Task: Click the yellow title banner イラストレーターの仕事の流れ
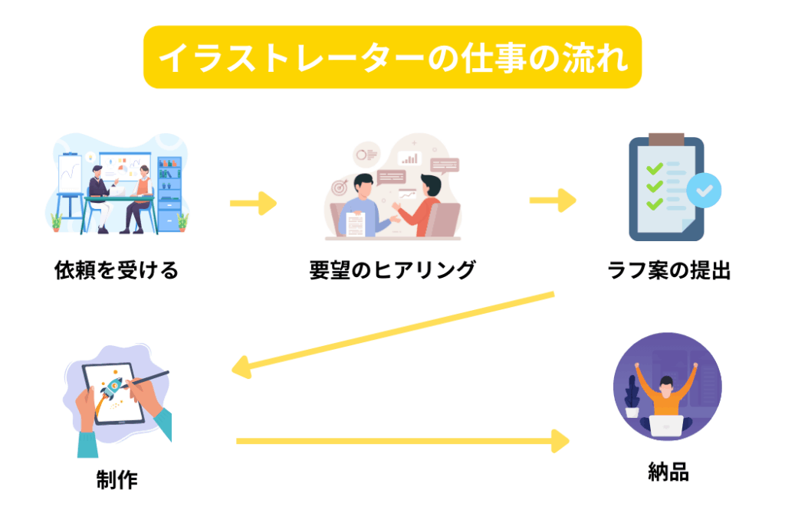tap(392, 57)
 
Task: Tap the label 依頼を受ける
tap(117, 270)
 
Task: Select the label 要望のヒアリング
tap(392, 270)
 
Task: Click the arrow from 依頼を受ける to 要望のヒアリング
tap(253, 204)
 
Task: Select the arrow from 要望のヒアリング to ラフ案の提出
tap(553, 201)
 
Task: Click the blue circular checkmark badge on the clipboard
tap(703, 191)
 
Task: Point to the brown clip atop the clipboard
tap(665, 140)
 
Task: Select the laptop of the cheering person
tap(666, 426)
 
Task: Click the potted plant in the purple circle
tap(632, 397)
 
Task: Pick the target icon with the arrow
tap(340, 188)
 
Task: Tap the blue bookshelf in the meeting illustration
tap(169, 191)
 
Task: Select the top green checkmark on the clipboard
tap(654, 169)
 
